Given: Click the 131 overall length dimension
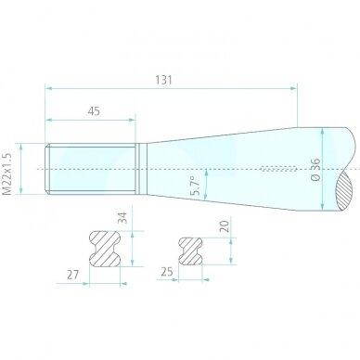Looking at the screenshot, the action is coord(163,80).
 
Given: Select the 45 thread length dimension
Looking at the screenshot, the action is coord(94,111).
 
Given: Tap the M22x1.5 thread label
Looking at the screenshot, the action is coord(6,174).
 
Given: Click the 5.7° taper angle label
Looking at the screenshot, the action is coord(197,186).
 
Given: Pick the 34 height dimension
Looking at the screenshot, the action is coord(122,218).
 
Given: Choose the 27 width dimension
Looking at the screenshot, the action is coord(73,275).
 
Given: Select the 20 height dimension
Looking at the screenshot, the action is coord(225,226).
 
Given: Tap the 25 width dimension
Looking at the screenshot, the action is coord(167,272).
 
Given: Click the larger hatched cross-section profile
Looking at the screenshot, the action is coord(105,249).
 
